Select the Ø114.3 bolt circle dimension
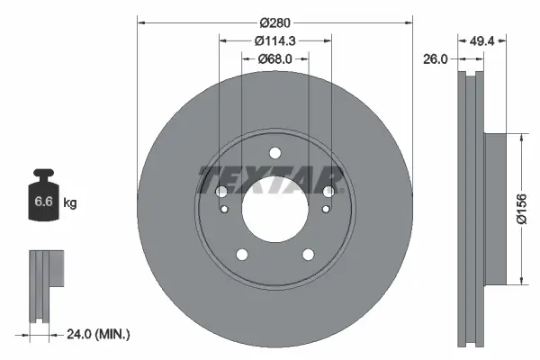point(274,40)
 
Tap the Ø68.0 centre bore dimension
point(274,60)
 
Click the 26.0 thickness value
point(436,59)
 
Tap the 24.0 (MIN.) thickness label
point(99,335)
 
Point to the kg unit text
point(70,203)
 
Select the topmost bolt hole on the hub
point(274,151)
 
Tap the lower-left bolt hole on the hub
point(242,254)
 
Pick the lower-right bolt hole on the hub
point(307,254)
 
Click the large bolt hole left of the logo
point(221,191)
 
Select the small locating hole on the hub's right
point(324,210)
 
